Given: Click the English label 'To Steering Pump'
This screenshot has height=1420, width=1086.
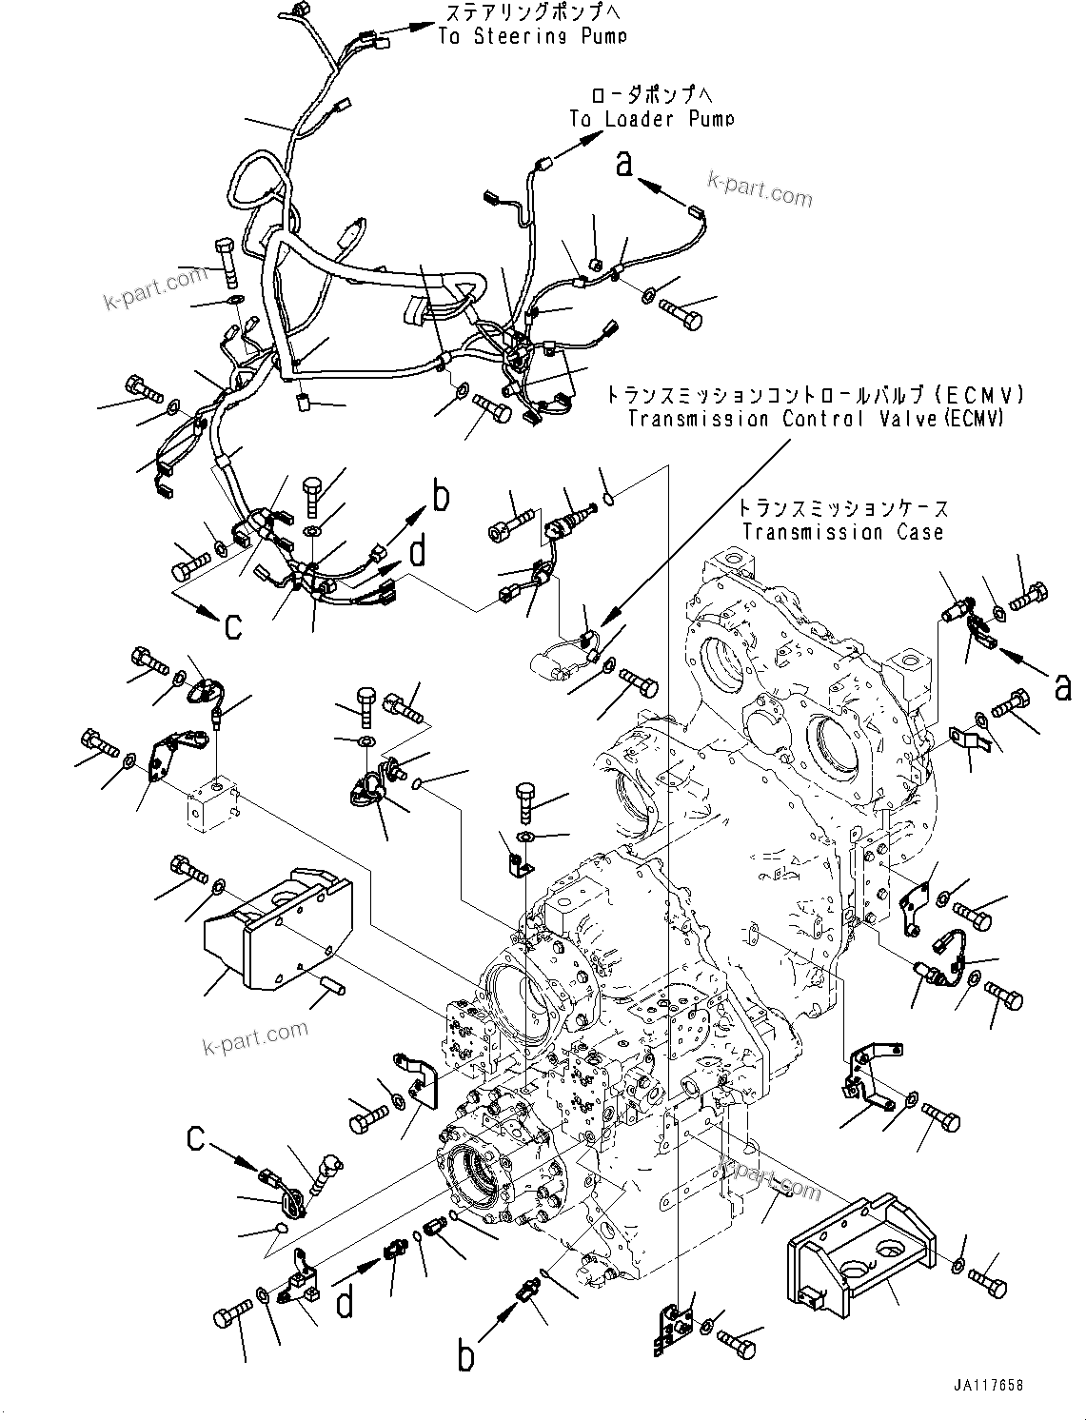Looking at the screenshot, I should pos(532,36).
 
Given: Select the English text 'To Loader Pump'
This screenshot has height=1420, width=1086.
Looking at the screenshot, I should pos(652,119).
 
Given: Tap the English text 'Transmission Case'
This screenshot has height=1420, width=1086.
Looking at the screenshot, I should pos(842,532).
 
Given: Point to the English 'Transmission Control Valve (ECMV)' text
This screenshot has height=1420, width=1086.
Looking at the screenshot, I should pos(815,419).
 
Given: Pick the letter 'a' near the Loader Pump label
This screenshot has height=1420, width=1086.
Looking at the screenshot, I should pos(623,164).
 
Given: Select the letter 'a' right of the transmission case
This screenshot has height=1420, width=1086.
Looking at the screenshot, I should pos(1062,685).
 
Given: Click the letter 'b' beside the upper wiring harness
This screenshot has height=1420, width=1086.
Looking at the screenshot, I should pos(440,497).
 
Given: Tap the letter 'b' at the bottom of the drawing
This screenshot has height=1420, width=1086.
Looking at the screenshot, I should pos(465,1355).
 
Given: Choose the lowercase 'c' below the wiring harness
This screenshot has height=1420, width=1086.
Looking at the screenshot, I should pos(232,625).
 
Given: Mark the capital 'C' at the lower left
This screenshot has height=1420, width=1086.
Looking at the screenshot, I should pos(196,1137).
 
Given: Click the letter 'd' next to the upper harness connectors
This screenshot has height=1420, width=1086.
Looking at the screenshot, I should pos(417,554).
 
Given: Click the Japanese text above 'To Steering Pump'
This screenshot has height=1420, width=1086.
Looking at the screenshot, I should pos(523,13).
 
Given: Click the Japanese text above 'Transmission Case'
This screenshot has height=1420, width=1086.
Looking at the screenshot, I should pos(844,509).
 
